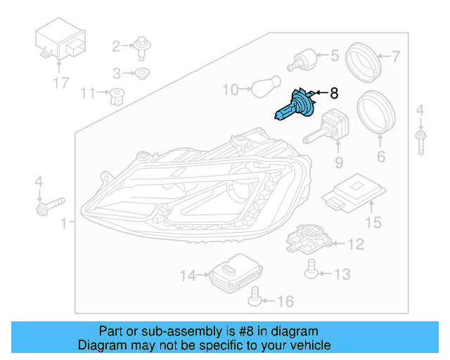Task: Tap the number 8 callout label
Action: click(x=334, y=93)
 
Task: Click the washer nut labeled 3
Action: click(x=143, y=73)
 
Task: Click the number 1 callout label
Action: click(x=64, y=224)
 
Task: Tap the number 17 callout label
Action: click(x=60, y=83)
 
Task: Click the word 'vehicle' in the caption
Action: click(x=308, y=345)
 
